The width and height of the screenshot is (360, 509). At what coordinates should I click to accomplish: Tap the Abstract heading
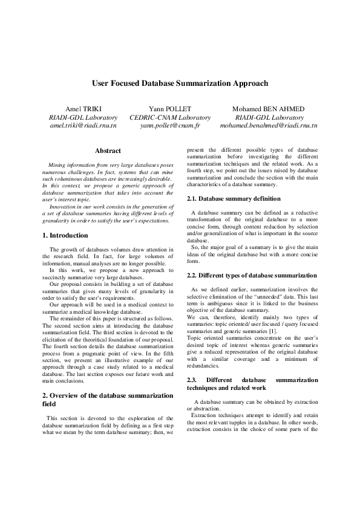click(x=108, y=151)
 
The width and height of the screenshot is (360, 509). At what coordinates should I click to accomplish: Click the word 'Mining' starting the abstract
click(x=57, y=165)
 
